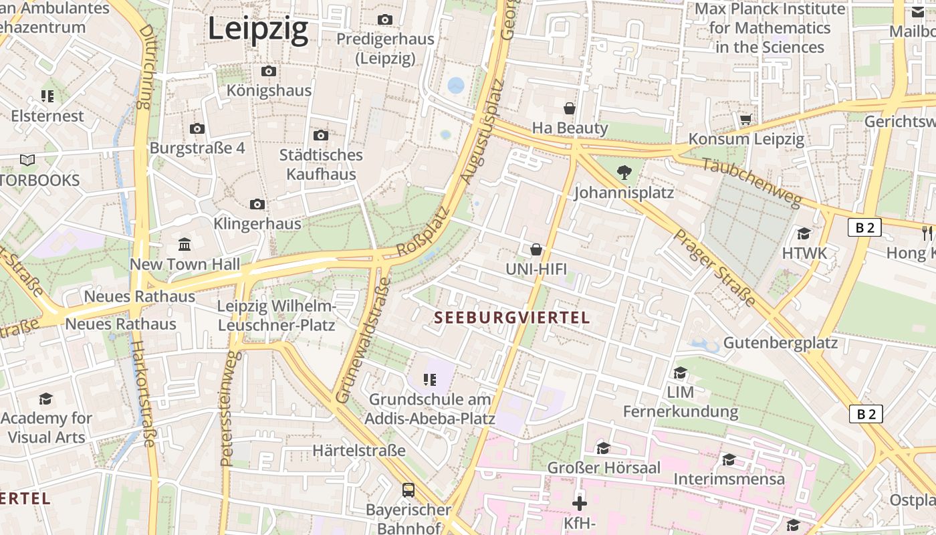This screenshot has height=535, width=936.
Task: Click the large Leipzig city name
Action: click(258, 29)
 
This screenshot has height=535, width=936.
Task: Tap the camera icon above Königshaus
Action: click(268, 71)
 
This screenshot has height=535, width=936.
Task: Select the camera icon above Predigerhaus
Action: click(384, 19)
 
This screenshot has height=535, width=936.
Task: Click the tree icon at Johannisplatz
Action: click(624, 173)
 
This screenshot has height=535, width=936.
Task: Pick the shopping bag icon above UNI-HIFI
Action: click(536, 249)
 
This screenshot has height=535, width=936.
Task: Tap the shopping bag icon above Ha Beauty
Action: click(570, 108)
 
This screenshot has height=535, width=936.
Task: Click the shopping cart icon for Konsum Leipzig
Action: click(746, 119)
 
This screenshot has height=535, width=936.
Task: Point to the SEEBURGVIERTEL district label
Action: click(513, 318)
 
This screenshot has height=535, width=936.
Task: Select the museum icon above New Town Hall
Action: click(185, 244)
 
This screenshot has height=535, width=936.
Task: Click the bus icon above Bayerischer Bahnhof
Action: click(408, 490)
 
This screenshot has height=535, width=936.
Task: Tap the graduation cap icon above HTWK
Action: click(804, 233)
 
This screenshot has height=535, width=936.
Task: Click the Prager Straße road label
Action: click(714, 267)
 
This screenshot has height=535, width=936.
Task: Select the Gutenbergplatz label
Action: click(780, 343)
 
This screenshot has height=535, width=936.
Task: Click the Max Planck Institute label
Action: click(770, 28)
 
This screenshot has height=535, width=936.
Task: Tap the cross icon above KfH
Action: click(580, 503)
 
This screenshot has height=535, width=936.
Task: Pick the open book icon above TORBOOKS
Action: click(27, 160)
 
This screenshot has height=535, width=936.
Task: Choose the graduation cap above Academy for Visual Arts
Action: click(45, 399)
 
